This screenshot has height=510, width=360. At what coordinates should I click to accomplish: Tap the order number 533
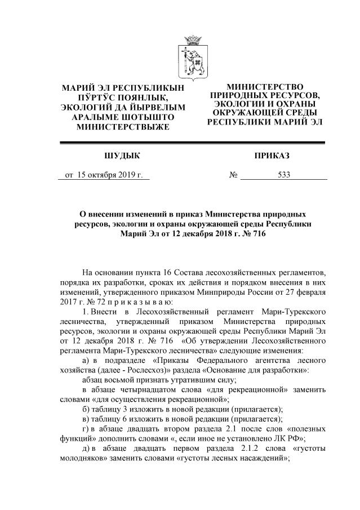tap(284, 175)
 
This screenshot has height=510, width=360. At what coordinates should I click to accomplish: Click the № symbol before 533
tap(233, 175)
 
